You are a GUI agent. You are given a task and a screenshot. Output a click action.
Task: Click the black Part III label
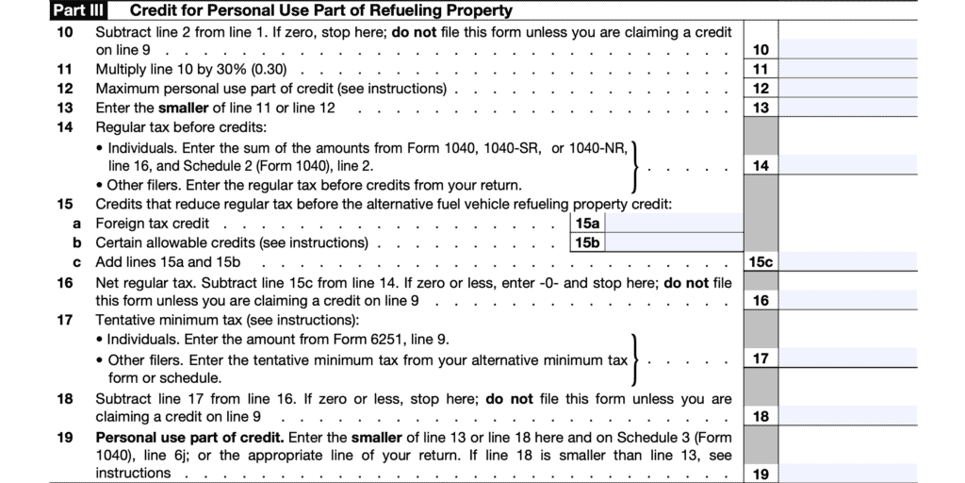pyautogui.click(x=78, y=11)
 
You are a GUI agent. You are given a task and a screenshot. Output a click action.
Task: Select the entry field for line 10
pyautogui.click(x=847, y=49)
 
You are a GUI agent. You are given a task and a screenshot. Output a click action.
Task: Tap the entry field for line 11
pyautogui.click(x=847, y=69)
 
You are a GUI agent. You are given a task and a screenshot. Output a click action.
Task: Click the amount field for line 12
pyautogui.click(x=847, y=89)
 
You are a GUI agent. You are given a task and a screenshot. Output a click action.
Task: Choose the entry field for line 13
pyautogui.click(x=847, y=108)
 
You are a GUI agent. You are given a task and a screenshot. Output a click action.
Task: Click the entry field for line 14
pyautogui.click(x=847, y=165)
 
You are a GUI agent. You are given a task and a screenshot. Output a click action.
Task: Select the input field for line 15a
pyautogui.click(x=675, y=224)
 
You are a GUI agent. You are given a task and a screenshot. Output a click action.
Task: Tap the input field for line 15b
pyautogui.click(x=675, y=242)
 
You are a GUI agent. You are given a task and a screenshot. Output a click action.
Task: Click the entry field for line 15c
pyautogui.click(x=847, y=261)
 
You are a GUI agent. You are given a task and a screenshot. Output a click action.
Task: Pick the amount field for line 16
pyautogui.click(x=847, y=300)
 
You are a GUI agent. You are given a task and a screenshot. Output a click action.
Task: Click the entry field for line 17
pyautogui.click(x=847, y=358)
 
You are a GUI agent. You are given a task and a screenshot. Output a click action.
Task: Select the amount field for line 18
pyautogui.click(x=847, y=416)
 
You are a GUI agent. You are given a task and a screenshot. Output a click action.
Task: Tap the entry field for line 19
pyautogui.click(x=847, y=473)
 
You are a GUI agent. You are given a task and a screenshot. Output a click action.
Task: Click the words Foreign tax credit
pyautogui.click(x=153, y=224)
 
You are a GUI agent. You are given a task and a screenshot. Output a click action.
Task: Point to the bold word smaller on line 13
pyautogui.click(x=183, y=108)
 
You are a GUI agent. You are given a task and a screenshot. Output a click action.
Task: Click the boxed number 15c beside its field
pyautogui.click(x=761, y=261)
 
